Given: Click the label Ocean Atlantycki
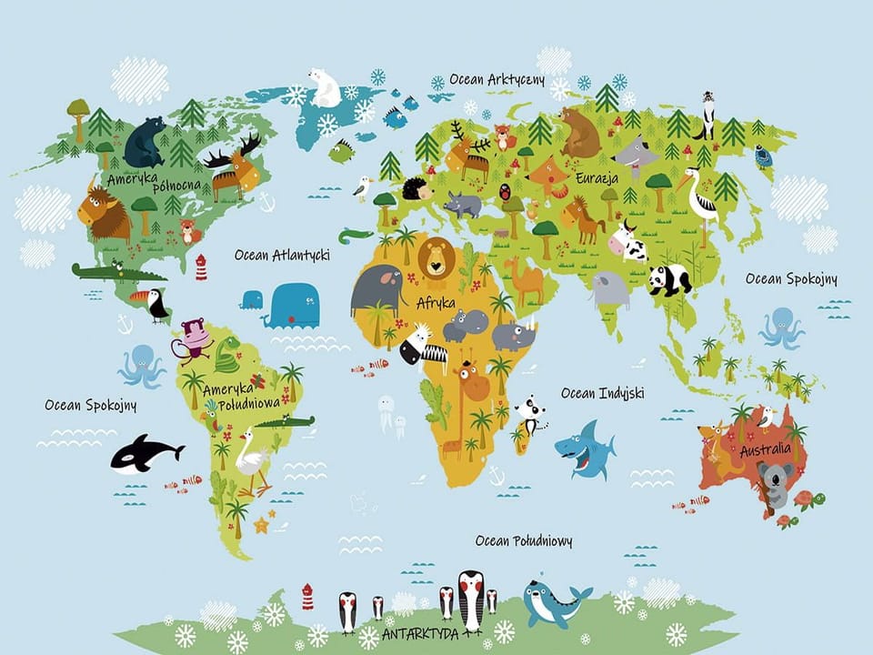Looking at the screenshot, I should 282,256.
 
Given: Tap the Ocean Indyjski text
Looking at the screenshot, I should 603,393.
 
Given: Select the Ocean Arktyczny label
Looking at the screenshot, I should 497,80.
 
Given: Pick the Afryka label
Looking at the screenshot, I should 436,303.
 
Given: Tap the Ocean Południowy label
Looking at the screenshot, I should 524,542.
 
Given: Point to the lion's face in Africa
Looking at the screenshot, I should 436,260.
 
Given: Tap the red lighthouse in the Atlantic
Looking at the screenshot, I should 201,267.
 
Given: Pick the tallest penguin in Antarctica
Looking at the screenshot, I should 470,600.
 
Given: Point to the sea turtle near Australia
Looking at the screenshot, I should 805,499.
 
